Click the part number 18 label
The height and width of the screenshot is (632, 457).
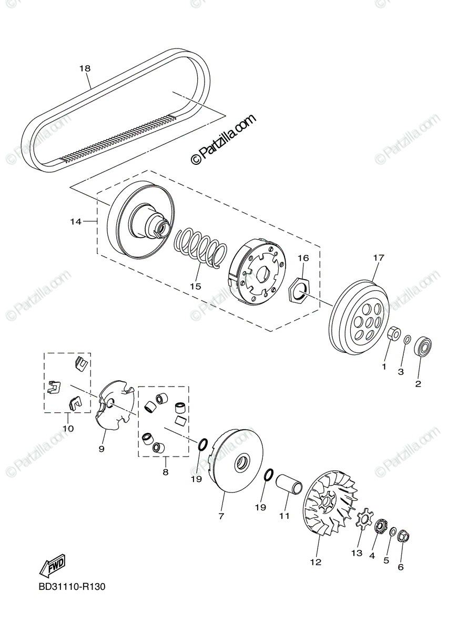(x=85, y=68)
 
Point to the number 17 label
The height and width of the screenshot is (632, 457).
(x=379, y=258)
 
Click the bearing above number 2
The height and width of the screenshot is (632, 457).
(x=422, y=347)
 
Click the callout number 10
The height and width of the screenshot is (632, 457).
(x=68, y=428)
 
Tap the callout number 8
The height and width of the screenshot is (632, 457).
(x=165, y=472)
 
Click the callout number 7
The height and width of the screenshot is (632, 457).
(x=221, y=516)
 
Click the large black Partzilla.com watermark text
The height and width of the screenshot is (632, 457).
(x=223, y=139)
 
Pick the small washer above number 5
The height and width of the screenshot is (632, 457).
(x=393, y=532)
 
